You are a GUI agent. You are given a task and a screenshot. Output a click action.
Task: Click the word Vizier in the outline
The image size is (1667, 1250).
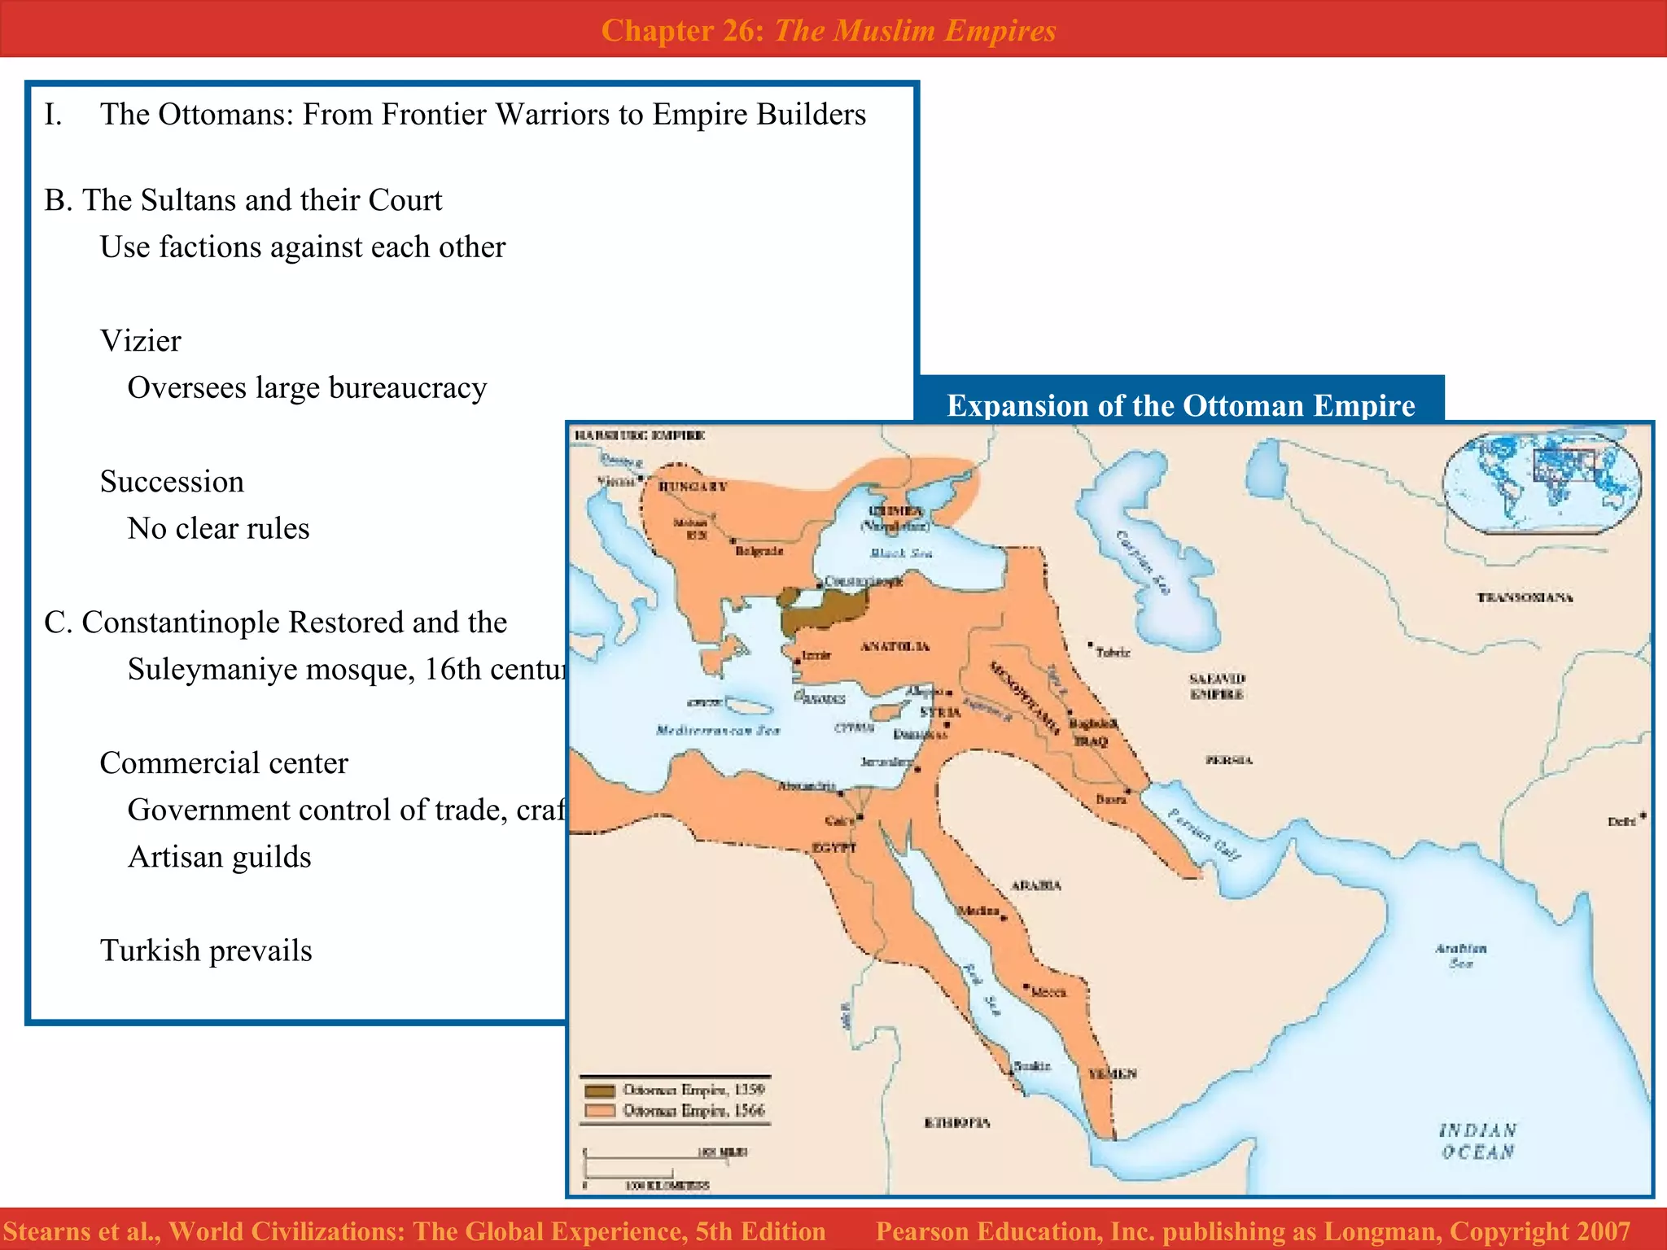point(140,341)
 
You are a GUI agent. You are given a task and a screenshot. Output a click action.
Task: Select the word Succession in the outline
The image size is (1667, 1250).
point(172,482)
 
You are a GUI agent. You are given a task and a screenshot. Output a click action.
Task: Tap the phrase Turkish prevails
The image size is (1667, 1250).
point(206,951)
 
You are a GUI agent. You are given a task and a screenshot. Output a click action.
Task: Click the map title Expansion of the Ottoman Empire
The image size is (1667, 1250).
point(1180,405)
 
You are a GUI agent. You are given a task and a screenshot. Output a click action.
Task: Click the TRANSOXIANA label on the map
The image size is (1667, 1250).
point(1525,597)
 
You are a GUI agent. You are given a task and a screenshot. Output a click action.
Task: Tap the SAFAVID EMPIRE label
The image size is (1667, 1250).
point(1217,686)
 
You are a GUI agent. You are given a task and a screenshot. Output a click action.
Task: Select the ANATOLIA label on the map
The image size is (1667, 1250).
point(895,646)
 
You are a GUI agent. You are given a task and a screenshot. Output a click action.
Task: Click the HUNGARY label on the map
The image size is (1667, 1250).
point(693,487)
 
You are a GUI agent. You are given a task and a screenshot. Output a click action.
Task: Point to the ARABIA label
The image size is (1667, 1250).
point(1035,885)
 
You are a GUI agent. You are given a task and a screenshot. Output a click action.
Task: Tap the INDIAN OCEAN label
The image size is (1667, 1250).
point(1477,1141)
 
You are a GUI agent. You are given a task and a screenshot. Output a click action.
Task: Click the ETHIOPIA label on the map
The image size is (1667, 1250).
point(957,1123)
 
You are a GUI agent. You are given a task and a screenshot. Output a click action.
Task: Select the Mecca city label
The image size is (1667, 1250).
point(1048,992)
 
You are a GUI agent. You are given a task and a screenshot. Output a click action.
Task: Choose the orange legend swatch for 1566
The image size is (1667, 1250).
point(600,1111)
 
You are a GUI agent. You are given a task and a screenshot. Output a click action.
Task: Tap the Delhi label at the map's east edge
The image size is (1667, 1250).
point(1621,821)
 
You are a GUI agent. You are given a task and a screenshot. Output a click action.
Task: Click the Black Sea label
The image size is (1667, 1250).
point(901,553)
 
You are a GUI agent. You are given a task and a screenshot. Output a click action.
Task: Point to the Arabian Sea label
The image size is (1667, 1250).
point(1460,955)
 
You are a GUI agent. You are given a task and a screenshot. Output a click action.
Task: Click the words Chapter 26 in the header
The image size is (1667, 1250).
point(680,30)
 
